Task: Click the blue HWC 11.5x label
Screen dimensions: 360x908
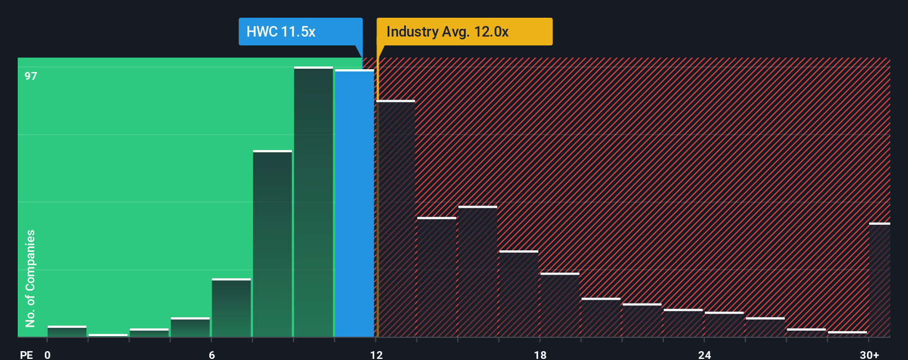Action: pos(300,32)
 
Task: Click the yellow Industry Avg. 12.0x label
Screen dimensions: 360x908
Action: pos(464,32)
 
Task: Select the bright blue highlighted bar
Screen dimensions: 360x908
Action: pos(354,203)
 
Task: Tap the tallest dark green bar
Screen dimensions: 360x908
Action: pos(313,202)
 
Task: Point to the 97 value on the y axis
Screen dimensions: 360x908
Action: pos(30,76)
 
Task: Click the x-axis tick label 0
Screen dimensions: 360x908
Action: pos(48,354)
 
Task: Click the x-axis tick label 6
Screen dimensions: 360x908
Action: pos(211,354)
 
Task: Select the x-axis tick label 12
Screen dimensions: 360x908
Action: pos(376,354)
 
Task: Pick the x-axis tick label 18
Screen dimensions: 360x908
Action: pos(540,354)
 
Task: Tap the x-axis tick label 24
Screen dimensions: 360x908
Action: pos(704,354)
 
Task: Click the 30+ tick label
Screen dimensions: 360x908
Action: pos(869,354)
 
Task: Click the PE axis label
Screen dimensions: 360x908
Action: pos(26,354)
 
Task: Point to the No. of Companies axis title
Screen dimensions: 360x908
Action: pos(30,278)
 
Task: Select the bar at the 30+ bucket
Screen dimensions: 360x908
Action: pos(879,280)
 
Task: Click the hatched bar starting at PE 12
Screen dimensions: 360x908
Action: pos(395,219)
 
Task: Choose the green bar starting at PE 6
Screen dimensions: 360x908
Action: pos(231,308)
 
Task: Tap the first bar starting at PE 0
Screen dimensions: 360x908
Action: pos(67,332)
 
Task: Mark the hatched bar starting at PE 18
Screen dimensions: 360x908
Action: pos(560,305)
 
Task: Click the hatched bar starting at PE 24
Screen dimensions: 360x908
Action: pos(724,325)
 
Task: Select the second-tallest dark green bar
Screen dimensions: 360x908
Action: pos(272,244)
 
